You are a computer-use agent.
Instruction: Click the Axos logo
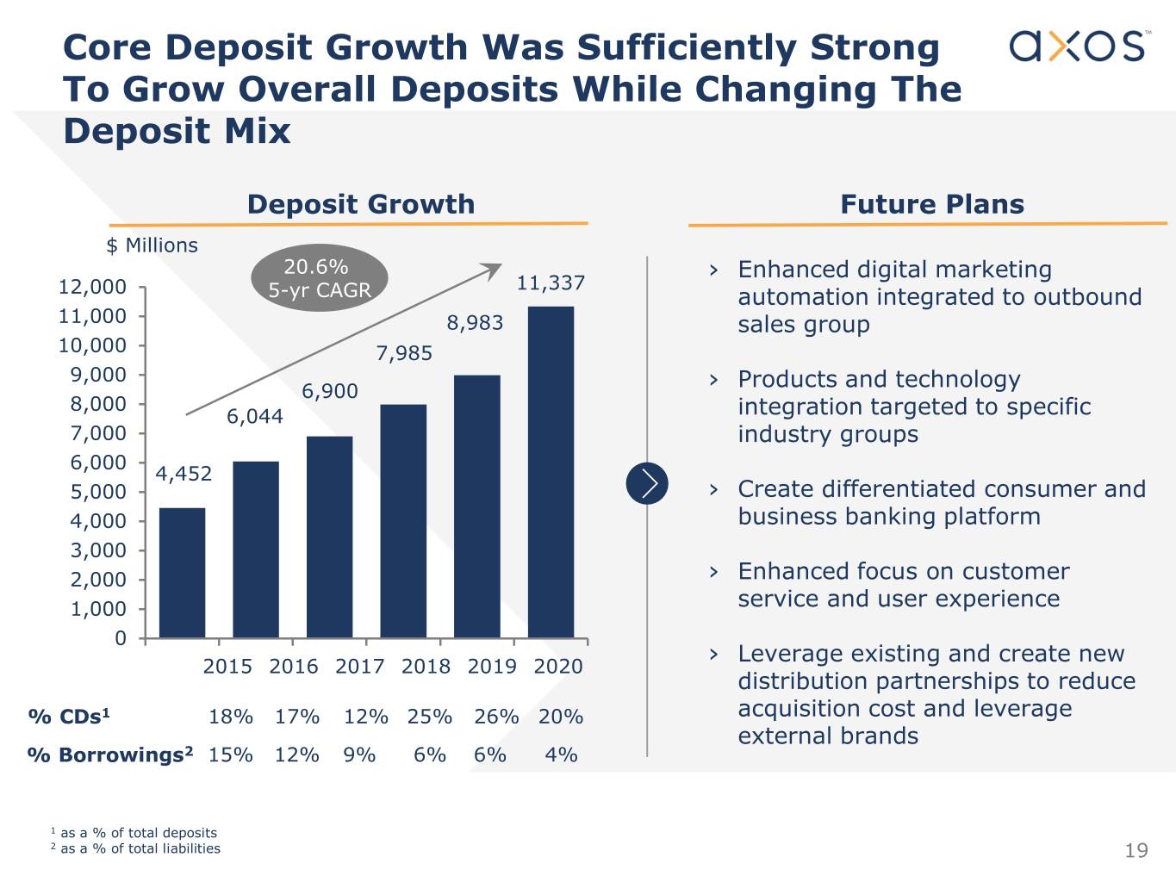[1078, 46]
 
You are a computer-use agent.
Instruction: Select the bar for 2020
[551, 471]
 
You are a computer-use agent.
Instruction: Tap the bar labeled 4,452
[183, 572]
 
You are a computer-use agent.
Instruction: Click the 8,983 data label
[475, 323]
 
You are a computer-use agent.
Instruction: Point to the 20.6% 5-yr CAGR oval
[320, 278]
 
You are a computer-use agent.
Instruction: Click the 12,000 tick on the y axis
[92, 287]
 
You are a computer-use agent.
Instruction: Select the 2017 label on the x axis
[359, 666]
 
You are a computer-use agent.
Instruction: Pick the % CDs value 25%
[430, 717]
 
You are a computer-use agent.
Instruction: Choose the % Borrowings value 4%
[561, 755]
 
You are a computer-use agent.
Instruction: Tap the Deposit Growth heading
[360, 204]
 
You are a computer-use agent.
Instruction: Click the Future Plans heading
[932, 204]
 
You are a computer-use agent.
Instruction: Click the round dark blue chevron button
[647, 482]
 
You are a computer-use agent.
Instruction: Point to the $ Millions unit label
[152, 245]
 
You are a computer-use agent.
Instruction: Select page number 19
[1136, 851]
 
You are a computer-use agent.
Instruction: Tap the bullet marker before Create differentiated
[713, 489]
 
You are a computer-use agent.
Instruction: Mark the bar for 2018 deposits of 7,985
[403, 520]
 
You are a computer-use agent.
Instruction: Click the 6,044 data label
[254, 417]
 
